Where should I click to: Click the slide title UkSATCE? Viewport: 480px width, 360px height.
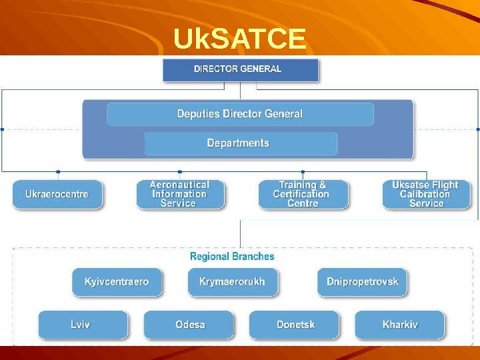click(x=239, y=39)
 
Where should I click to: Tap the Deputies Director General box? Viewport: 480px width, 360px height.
click(x=240, y=114)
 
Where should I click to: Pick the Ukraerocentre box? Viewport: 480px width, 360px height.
click(x=57, y=194)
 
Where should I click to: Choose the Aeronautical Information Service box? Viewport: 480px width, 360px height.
click(x=179, y=194)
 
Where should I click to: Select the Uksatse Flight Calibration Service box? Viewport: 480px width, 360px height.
click(x=425, y=194)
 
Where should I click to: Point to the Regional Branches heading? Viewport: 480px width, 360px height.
click(x=232, y=257)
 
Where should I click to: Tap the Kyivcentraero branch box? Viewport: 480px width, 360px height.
click(x=117, y=282)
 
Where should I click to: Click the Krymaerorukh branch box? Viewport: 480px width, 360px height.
click(x=232, y=282)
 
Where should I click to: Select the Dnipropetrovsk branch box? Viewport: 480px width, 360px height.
click(x=362, y=282)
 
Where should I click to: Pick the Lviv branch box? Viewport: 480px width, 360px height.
click(x=81, y=325)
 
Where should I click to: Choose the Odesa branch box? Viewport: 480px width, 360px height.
click(x=190, y=325)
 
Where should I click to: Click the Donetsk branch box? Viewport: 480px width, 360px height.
click(x=295, y=325)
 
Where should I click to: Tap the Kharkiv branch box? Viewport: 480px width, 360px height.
click(x=400, y=325)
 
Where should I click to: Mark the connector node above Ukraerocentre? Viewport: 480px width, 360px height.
click(x=58, y=172)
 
